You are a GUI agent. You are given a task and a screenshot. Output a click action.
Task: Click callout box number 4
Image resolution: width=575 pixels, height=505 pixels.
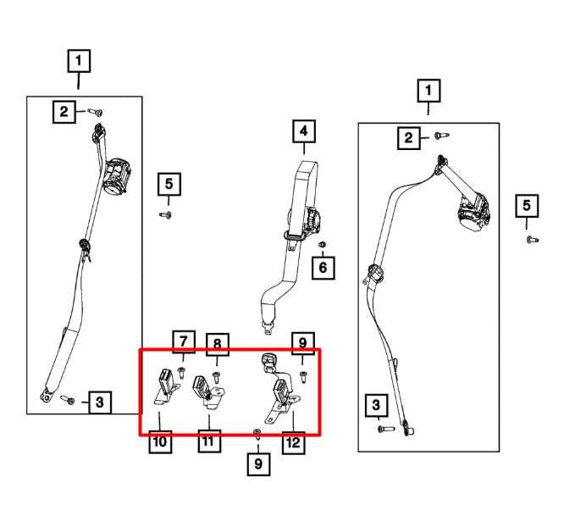point(303,132)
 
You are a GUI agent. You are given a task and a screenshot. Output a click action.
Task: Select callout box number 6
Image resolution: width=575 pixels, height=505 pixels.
point(322,269)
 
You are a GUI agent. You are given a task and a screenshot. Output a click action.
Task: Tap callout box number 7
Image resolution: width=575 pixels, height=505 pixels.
point(183,341)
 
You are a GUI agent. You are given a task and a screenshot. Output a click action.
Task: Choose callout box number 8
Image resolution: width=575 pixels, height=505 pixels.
point(217,344)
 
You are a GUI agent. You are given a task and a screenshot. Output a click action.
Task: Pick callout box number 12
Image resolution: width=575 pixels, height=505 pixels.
point(293,441)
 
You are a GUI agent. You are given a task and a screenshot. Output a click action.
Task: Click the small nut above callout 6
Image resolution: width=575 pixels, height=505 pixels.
point(322,246)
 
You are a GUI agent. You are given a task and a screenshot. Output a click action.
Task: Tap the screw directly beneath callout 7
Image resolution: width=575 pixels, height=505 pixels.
point(182,369)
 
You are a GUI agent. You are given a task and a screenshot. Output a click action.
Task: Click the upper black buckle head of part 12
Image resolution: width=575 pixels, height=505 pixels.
point(269,362)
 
